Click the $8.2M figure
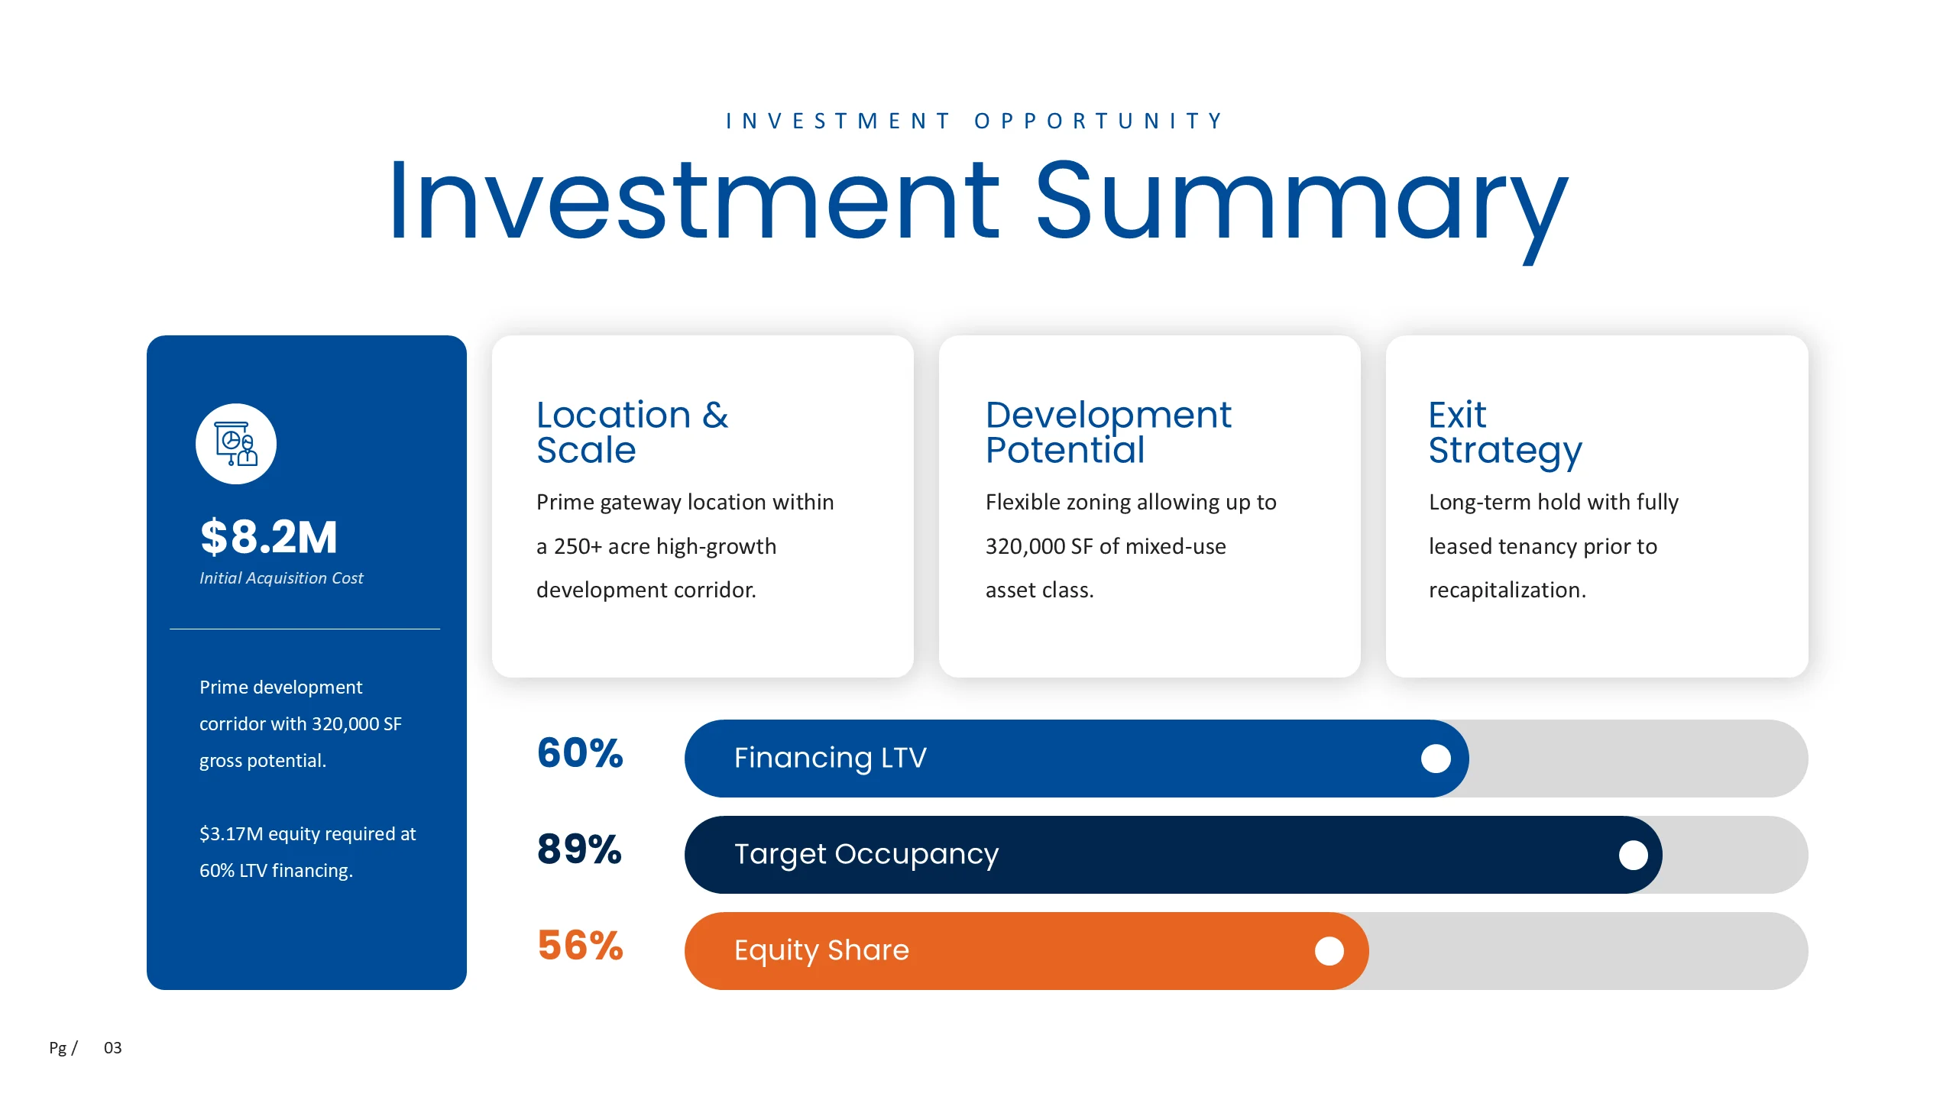click(268, 536)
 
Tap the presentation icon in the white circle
click(236, 444)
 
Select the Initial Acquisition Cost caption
click(281, 578)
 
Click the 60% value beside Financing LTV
click(580, 753)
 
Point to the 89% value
click(580, 849)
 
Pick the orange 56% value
click(580, 946)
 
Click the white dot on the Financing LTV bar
click(1436, 759)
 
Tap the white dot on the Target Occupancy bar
click(1634, 855)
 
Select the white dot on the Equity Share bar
click(1329, 951)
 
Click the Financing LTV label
click(831, 758)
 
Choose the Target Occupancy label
click(866, 855)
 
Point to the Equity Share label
click(821, 951)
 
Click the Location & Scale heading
click(632, 432)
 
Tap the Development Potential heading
click(1108, 432)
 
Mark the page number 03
click(113, 1048)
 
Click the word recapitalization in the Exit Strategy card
click(1507, 590)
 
